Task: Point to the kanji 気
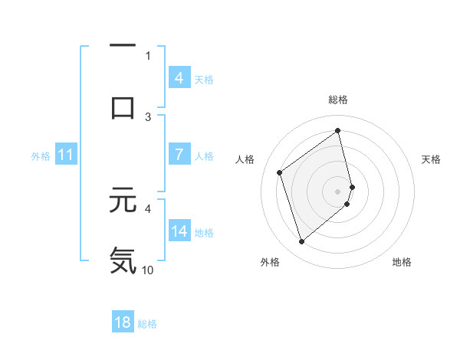(123, 260)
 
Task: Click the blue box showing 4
(179, 77)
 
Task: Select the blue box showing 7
(179, 155)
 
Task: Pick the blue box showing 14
(179, 231)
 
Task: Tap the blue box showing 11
(66, 155)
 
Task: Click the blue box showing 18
(123, 322)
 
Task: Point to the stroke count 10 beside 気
(148, 270)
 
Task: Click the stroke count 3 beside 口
(148, 116)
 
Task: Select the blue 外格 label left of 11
(41, 155)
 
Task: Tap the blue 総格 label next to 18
(147, 323)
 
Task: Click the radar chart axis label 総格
(338, 100)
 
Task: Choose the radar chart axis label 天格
(432, 159)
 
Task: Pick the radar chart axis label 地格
(402, 262)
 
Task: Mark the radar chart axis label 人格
(245, 159)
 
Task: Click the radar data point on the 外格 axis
(301, 242)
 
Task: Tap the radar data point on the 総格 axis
(338, 130)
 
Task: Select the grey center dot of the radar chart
(338, 191)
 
